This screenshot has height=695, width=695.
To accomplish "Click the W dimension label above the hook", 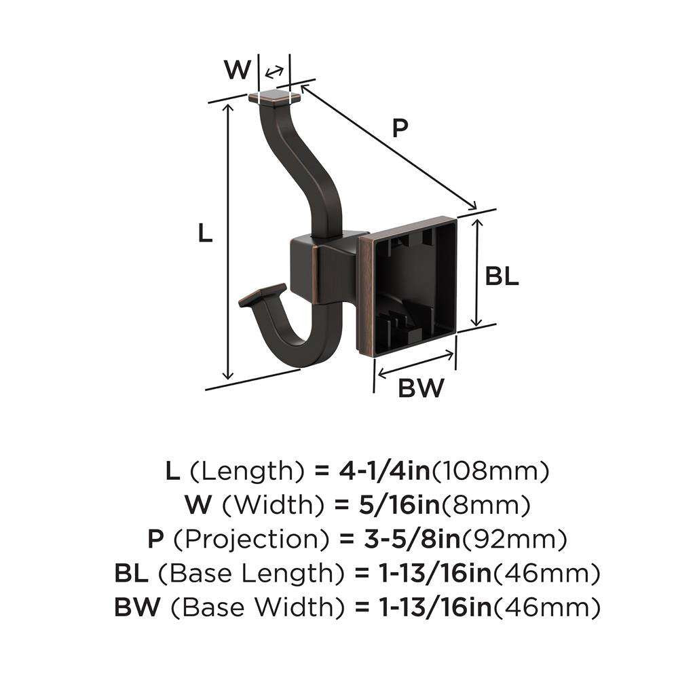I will pyautogui.click(x=237, y=69).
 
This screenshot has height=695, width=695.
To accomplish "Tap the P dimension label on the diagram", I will pyautogui.click(x=401, y=128).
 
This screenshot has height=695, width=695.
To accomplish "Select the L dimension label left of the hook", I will pyautogui.click(x=205, y=233).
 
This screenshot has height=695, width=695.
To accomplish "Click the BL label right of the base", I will pyautogui.click(x=502, y=276).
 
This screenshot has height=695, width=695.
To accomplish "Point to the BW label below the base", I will pyautogui.click(x=421, y=388).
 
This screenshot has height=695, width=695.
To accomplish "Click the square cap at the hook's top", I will pyautogui.click(x=275, y=98).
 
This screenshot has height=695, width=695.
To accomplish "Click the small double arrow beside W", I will pyautogui.click(x=274, y=73).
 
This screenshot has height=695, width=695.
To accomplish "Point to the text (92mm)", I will pyautogui.click(x=514, y=540).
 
